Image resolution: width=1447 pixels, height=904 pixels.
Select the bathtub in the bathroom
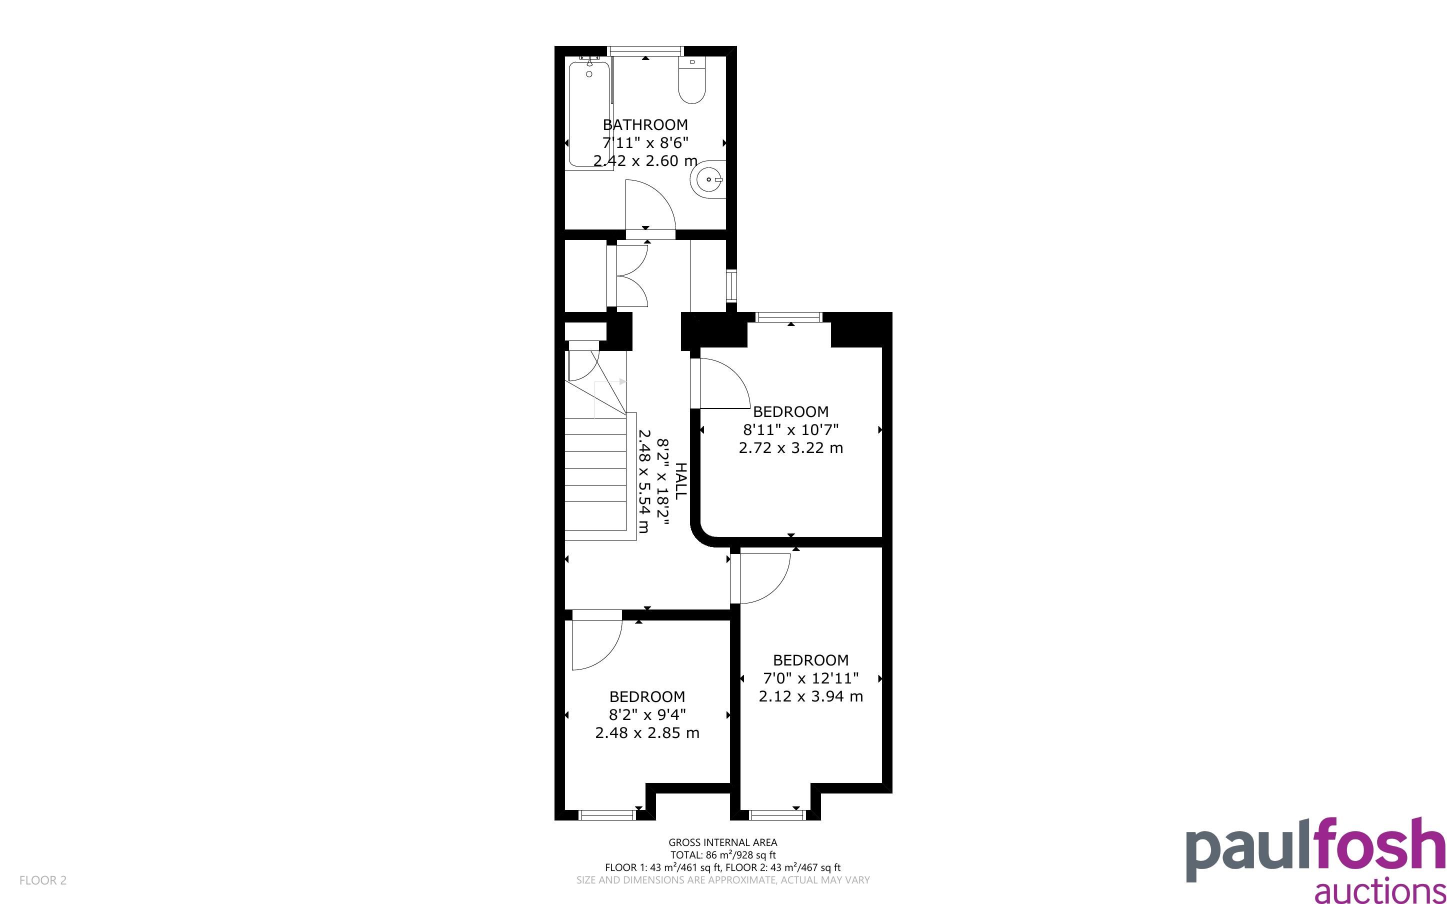[x=589, y=113]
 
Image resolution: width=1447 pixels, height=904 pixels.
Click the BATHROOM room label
[x=645, y=125]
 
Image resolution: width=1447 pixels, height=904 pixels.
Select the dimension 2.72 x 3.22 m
[x=790, y=448]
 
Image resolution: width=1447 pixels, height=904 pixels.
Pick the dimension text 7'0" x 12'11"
[x=811, y=678]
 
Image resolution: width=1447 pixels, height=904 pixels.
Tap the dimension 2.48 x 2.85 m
[x=647, y=733]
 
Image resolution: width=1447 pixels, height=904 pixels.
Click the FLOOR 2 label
[x=43, y=880]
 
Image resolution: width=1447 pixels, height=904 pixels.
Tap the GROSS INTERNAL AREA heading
[x=722, y=842]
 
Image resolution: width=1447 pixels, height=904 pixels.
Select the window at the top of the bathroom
[x=645, y=51]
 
